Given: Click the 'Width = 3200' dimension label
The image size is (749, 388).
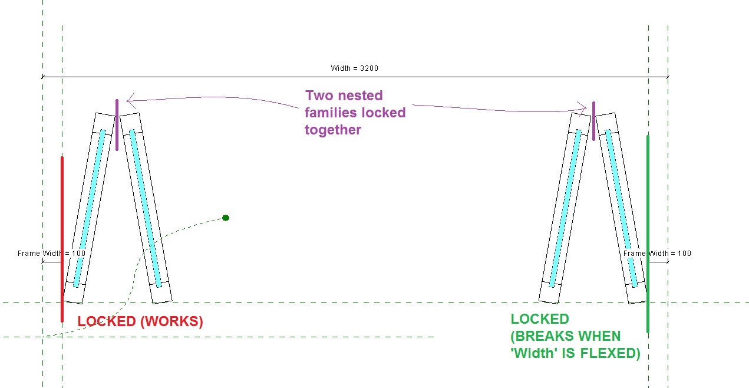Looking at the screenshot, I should click(354, 68).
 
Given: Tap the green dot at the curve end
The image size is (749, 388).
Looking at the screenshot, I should click(226, 218).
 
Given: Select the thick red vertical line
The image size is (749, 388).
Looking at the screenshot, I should click(62, 239).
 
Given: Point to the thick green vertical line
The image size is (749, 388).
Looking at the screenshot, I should click(648, 234).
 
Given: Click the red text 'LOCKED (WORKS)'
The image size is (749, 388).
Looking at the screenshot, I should click(140, 322).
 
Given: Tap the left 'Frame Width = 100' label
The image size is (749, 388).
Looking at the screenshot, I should click(51, 254).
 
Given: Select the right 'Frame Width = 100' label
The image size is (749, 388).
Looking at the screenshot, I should click(658, 254).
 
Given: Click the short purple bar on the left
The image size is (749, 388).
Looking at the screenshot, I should click(117, 125).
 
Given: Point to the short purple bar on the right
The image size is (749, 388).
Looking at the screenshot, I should click(593, 121).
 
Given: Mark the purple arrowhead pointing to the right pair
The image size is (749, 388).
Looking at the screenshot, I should click(585, 107).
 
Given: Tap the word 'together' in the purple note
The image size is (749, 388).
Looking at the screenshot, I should click(333, 130).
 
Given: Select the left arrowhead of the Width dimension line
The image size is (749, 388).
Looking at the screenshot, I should click(44, 77).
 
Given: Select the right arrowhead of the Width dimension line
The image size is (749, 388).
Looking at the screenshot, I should click(666, 77).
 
